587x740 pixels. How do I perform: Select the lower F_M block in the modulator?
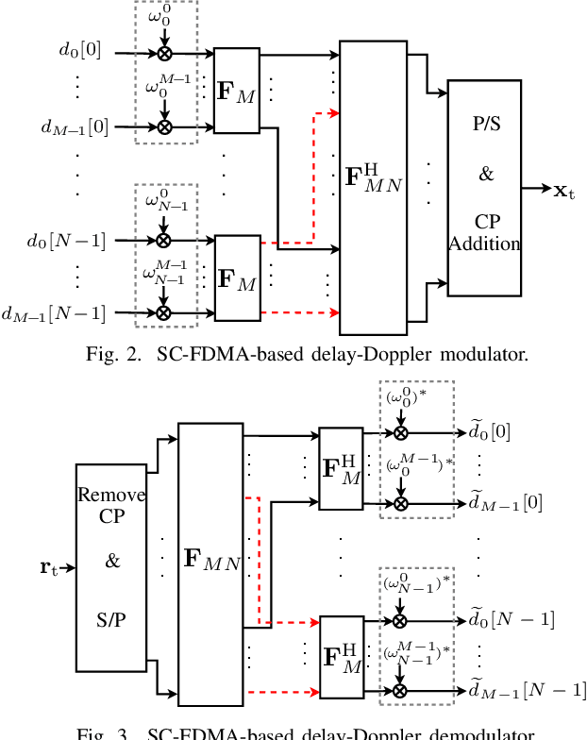pos(236,277)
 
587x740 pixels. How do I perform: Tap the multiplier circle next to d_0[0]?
pos(164,55)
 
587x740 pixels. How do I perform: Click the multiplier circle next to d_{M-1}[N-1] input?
pos(164,312)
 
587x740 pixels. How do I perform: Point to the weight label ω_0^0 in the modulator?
pos(163,17)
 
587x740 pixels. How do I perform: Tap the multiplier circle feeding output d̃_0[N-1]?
pos(400,620)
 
